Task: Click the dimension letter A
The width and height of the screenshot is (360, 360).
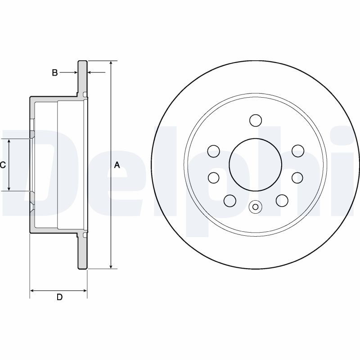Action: tap(117, 165)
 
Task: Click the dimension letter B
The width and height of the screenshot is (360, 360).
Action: tap(55, 72)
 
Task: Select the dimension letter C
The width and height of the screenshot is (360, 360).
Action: tap(3, 165)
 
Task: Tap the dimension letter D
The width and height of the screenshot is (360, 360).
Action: tap(59, 297)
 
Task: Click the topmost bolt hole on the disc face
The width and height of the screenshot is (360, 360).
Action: tap(255, 121)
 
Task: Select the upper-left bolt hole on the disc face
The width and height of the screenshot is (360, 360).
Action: tap(214, 151)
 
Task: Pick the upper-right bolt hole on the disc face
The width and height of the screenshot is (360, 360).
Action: tap(297, 151)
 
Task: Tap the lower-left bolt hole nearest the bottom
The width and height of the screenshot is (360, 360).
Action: tap(229, 200)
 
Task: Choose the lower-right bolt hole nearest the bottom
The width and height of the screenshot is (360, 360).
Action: tap(282, 200)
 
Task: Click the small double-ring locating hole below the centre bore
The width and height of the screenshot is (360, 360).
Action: tap(255, 207)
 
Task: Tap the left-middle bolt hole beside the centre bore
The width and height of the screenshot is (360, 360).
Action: tap(214, 178)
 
